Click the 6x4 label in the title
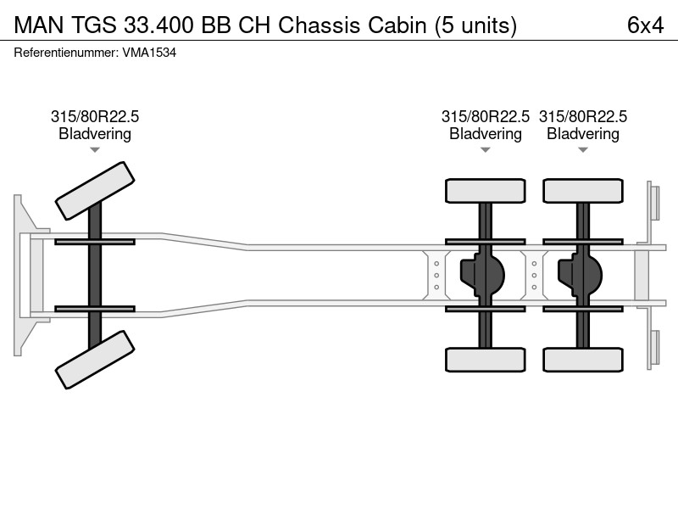pos(645,25)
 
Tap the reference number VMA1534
pos(149,53)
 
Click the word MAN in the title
pos(38,25)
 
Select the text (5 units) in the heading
pos(475,26)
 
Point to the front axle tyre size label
pos(95,116)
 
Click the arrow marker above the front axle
pos(95,150)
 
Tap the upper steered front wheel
pos(95,191)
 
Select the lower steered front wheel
pos(95,360)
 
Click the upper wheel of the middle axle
pos(485,191)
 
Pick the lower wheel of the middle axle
pos(485,360)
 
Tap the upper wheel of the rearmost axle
pos(583,191)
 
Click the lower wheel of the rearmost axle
pos(583,360)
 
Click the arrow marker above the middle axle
pos(485,150)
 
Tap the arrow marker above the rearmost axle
pos(583,150)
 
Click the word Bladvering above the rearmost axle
pos(583,134)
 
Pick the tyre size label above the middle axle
pos(485,116)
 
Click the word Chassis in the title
pos(320,25)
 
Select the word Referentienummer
pos(66,53)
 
